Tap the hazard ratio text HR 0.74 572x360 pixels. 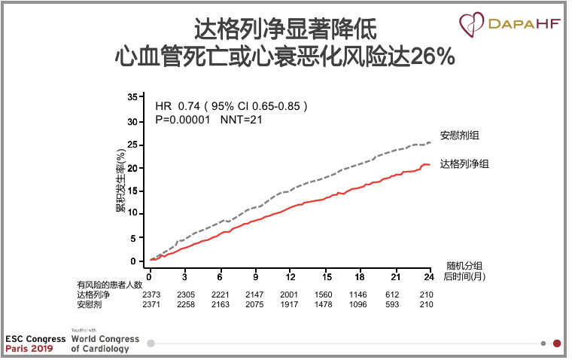coord(174,106)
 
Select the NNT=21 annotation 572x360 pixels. coord(240,119)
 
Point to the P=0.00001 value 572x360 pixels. coord(183,119)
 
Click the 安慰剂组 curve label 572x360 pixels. coord(459,136)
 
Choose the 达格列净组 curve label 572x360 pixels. coord(464,163)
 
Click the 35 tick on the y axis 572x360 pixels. coord(132,97)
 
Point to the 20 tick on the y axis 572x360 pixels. coord(132,168)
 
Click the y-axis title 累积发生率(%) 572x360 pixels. coord(120,180)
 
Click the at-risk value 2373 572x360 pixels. coord(151,295)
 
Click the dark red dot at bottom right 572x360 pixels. coord(557,343)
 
